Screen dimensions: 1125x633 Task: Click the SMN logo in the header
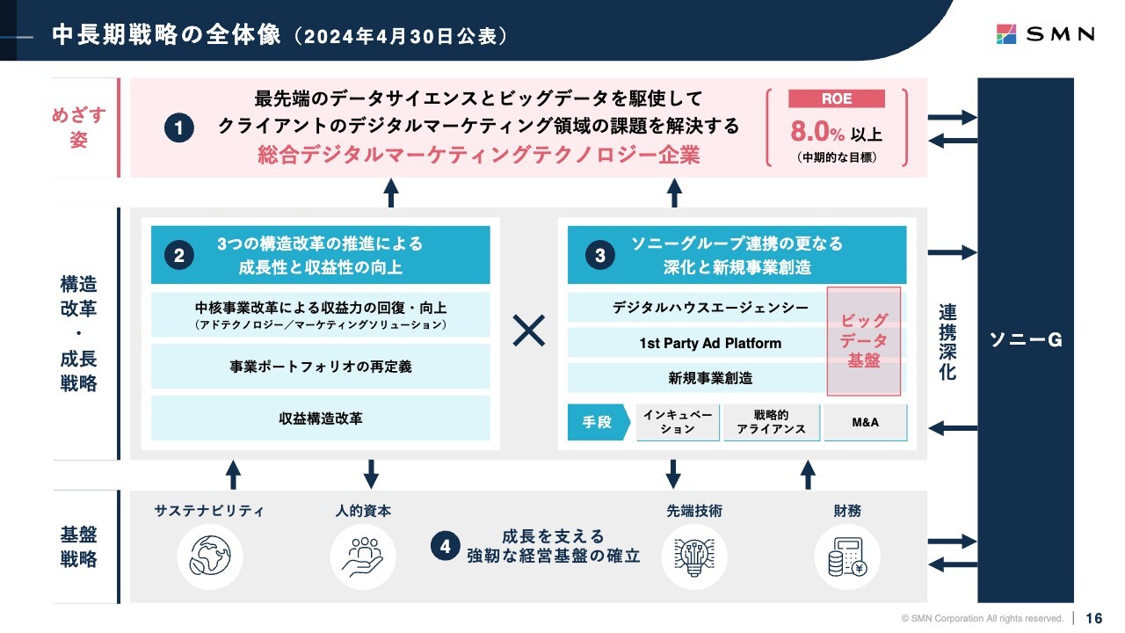tap(1045, 34)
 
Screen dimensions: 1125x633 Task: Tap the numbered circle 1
tap(179, 127)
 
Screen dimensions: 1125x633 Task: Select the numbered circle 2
tap(179, 255)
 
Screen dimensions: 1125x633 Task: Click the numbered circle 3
tap(600, 255)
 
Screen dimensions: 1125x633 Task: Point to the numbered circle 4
tap(446, 546)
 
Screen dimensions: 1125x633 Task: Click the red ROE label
tap(837, 98)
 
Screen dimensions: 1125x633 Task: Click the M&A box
tap(866, 423)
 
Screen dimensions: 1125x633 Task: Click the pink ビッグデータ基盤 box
tap(864, 341)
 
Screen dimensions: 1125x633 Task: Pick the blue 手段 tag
tap(599, 422)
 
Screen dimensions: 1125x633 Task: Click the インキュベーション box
tap(678, 423)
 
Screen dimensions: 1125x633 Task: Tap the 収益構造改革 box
tap(321, 418)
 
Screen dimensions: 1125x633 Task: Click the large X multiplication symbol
tap(529, 331)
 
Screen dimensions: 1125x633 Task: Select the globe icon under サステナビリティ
tap(210, 557)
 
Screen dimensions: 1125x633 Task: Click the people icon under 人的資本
tap(363, 557)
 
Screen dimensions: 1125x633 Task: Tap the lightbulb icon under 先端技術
tap(694, 557)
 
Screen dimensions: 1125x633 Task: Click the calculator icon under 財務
tap(847, 557)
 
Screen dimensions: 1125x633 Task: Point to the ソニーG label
tap(1026, 340)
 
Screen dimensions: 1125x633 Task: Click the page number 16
tap(1094, 618)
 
